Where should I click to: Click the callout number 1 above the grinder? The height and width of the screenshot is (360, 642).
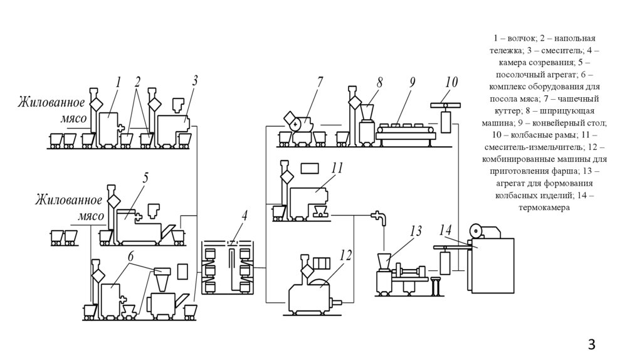[x=117, y=82]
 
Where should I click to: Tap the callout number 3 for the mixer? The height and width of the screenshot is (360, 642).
[x=195, y=80]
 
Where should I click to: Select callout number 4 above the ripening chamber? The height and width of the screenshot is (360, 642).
[x=245, y=216]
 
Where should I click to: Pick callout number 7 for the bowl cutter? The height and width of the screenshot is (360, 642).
[x=320, y=82]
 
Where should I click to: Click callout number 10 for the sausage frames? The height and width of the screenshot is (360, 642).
[x=451, y=82]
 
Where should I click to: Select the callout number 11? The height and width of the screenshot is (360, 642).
[x=337, y=167]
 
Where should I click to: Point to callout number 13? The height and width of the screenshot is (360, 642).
[x=416, y=232]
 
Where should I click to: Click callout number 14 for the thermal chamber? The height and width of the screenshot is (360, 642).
[x=446, y=230]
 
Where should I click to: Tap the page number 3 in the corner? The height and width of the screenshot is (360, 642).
[x=591, y=344]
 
